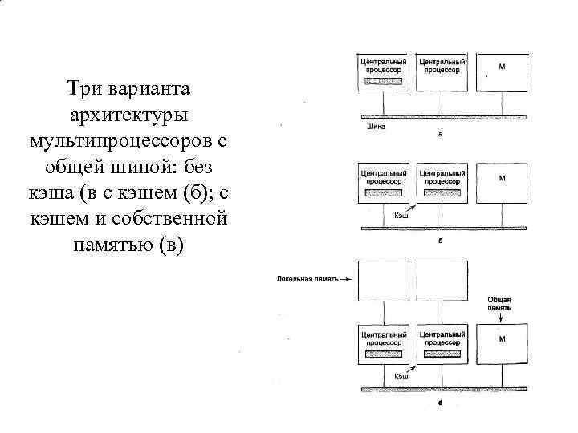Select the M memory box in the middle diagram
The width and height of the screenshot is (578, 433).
502,185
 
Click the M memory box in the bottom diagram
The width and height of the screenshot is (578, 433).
502,346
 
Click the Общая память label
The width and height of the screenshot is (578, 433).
499,303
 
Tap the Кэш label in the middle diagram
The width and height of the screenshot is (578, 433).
401,216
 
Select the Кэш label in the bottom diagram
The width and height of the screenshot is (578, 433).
401,375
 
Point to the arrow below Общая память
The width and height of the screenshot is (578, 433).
500,318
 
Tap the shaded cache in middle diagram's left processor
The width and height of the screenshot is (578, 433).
384,192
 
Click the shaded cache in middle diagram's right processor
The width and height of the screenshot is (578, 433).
442,192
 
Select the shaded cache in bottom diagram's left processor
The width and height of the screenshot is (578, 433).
384,352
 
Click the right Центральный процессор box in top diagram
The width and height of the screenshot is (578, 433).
442,72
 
